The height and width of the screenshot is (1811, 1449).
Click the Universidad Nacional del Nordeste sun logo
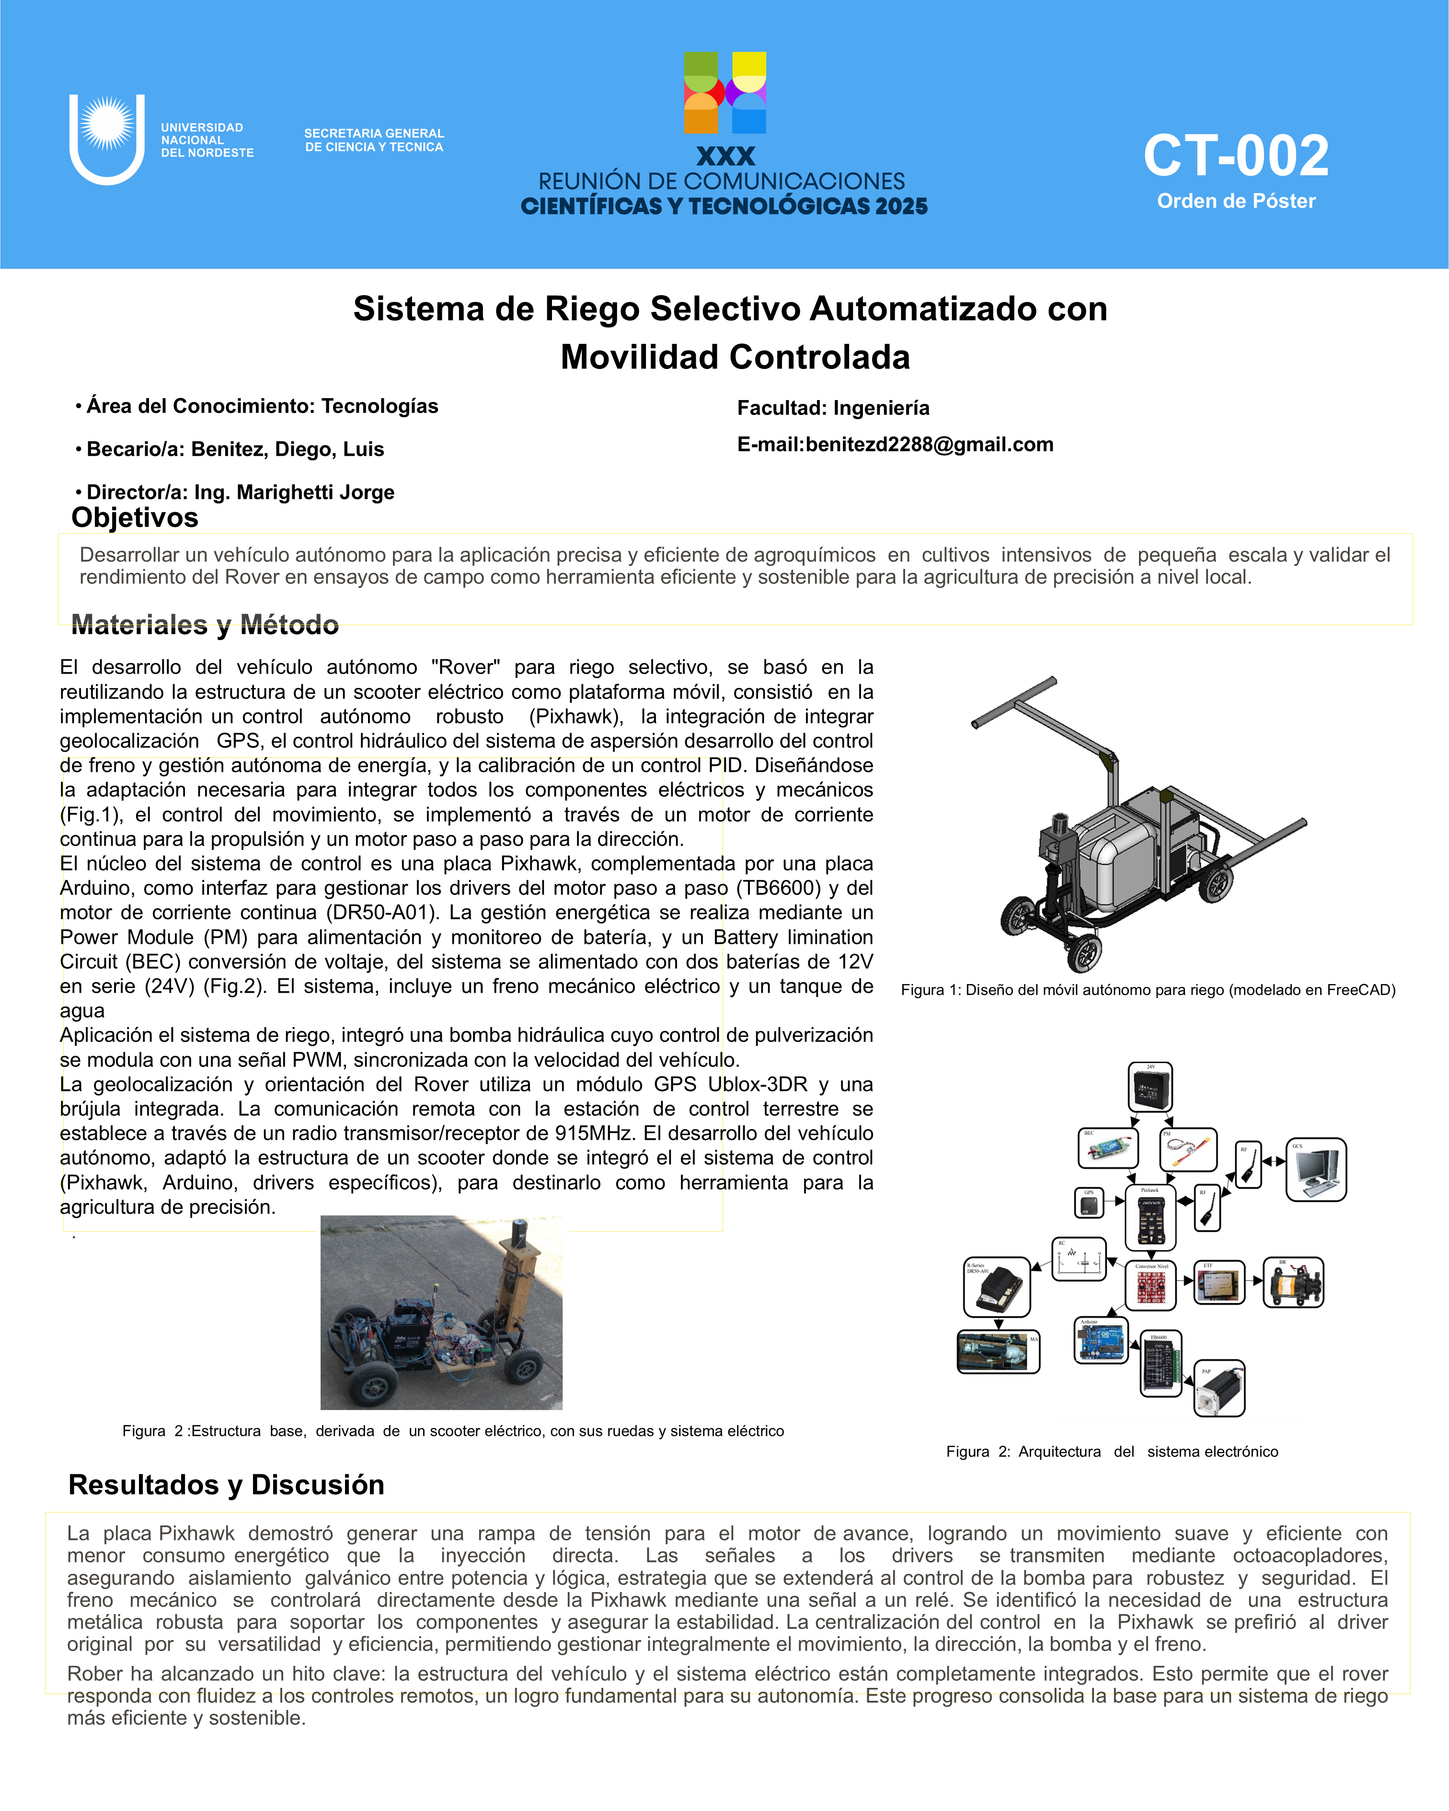[x=107, y=126]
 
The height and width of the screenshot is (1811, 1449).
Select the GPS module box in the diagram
[x=1089, y=1203]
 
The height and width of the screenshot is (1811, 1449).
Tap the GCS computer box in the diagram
[x=1316, y=1169]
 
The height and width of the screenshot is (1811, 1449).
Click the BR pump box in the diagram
[x=1294, y=1283]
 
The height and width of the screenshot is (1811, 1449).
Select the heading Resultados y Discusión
[x=226, y=1484]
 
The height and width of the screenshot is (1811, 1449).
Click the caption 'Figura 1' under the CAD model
[x=1148, y=989]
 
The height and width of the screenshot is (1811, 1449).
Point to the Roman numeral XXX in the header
[x=726, y=156]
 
